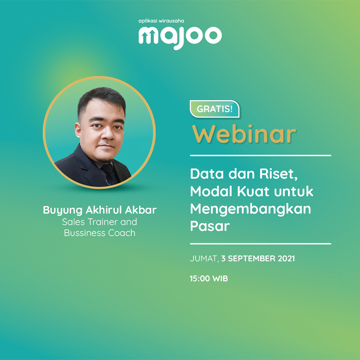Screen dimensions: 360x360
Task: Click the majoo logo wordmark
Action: (x=180, y=37)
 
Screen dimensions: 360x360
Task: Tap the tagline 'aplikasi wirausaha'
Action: (x=161, y=21)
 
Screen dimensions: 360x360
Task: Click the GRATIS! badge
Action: (x=215, y=109)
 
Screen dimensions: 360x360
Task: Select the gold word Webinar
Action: (x=244, y=134)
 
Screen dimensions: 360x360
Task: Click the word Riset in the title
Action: (x=278, y=174)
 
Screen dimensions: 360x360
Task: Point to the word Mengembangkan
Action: (x=251, y=209)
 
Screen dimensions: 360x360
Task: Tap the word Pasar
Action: (x=210, y=226)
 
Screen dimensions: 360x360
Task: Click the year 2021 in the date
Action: (x=286, y=258)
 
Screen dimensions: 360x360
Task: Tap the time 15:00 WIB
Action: (x=209, y=279)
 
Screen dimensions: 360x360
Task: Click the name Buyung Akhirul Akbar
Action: (x=100, y=210)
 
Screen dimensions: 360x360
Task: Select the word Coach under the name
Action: (x=121, y=233)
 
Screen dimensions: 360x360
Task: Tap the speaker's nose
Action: (x=108, y=134)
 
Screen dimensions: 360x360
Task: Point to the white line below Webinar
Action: (x=261, y=155)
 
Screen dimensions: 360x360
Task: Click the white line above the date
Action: (x=261, y=243)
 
